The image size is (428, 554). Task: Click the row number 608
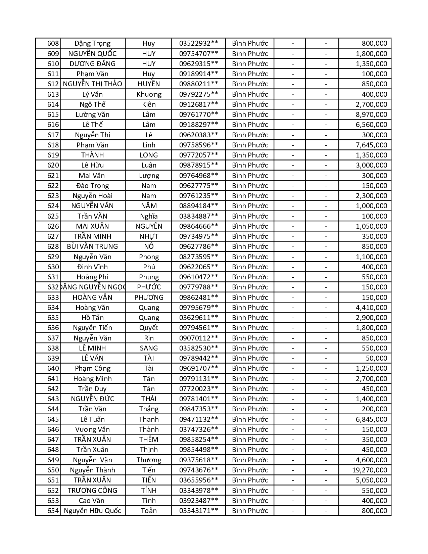click(53, 43)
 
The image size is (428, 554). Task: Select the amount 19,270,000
click(369, 470)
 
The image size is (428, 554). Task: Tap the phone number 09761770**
click(198, 114)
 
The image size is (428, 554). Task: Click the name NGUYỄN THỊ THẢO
click(92, 84)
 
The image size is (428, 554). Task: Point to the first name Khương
click(149, 94)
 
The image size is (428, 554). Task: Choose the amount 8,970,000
click(371, 114)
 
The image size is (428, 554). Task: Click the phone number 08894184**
click(198, 206)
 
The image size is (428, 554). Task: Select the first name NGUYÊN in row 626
click(149, 226)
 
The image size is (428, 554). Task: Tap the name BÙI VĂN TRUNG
click(92, 246)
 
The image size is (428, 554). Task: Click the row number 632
click(53, 287)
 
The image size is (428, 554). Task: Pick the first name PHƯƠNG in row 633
click(149, 297)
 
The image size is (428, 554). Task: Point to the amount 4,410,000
click(371, 308)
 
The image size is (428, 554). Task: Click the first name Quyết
click(149, 328)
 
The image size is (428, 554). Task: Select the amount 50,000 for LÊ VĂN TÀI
click(376, 358)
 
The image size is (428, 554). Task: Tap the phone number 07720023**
click(198, 389)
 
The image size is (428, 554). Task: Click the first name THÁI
click(149, 399)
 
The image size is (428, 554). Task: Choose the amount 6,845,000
click(371, 419)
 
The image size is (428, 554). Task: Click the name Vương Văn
click(92, 429)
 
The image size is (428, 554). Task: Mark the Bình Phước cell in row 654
click(250, 511)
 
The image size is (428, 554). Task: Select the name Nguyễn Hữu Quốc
click(92, 511)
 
